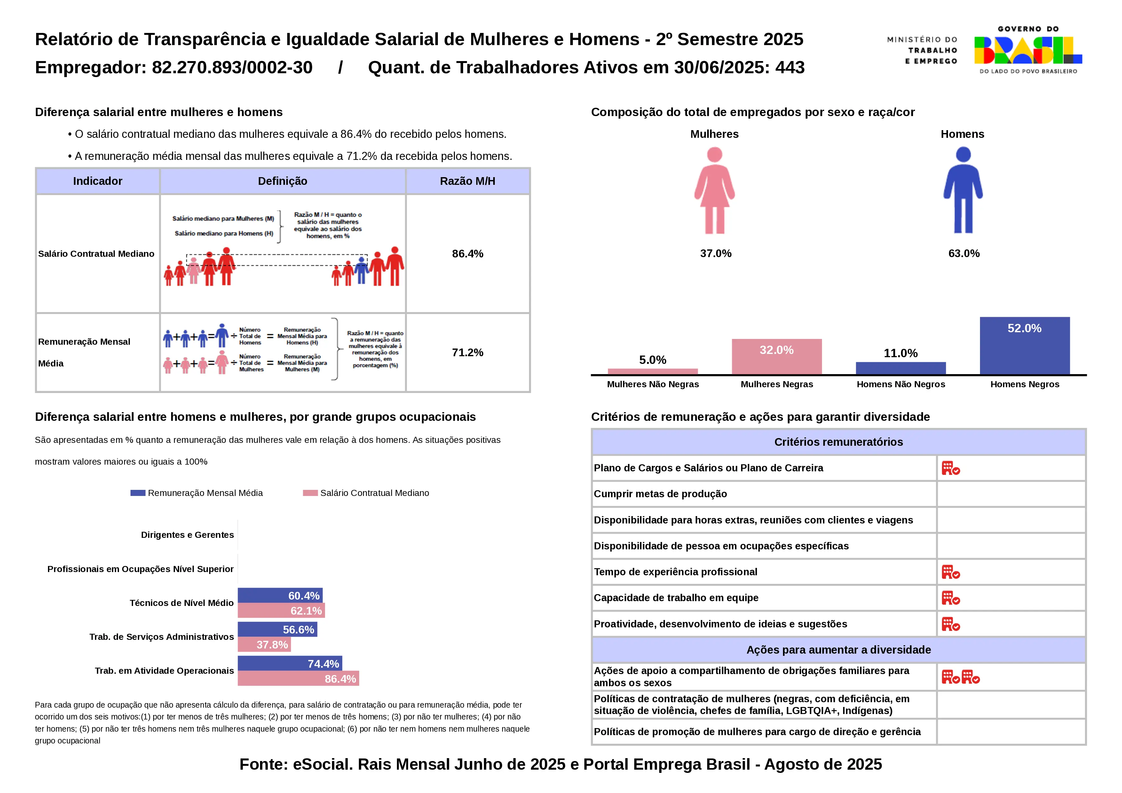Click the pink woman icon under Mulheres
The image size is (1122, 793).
[x=715, y=191]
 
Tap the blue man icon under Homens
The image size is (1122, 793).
[x=963, y=191]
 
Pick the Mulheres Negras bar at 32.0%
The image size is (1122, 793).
[x=777, y=356]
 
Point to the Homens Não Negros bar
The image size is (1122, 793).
[x=901, y=368]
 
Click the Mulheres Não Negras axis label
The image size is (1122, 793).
[x=653, y=385]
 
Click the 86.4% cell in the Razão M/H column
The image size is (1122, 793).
[x=468, y=254]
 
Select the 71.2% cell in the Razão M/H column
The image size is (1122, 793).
[x=468, y=352]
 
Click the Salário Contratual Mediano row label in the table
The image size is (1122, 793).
[x=96, y=254]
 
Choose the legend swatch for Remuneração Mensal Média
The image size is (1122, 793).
[x=138, y=493]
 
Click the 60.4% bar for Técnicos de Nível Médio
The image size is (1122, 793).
[x=280, y=596]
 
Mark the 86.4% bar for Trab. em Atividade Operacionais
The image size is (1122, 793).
[x=298, y=679]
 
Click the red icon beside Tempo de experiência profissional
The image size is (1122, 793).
[x=951, y=572]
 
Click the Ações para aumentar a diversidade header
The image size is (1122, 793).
[x=839, y=650]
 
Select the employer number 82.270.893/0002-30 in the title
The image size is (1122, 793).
[x=232, y=67]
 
